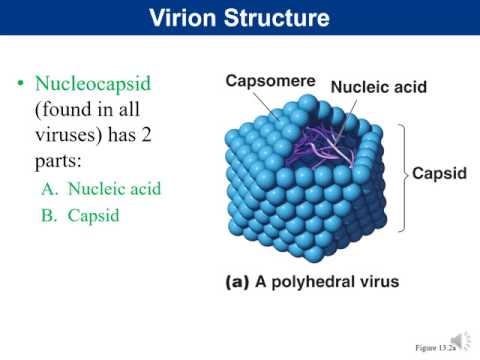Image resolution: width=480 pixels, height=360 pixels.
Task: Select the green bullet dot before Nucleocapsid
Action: pos(19,84)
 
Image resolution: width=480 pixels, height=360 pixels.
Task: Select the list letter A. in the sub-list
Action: pos(51,188)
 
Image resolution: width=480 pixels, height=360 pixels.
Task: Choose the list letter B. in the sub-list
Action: pos(51,214)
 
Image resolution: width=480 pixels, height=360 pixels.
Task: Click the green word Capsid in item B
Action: pos(93,214)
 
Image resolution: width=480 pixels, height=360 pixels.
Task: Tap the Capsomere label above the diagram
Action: pos(270,81)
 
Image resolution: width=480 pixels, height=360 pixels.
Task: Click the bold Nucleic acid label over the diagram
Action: pos(379,88)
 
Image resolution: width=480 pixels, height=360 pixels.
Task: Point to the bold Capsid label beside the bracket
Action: pos(439,173)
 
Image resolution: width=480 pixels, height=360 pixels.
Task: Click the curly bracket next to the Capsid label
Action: pos(402,173)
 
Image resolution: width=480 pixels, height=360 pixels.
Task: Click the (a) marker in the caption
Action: pos(237,282)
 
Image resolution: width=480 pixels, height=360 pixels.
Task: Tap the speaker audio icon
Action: pos(462,341)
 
